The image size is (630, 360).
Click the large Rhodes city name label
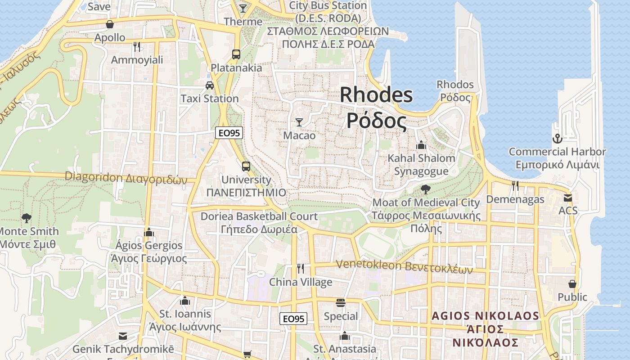click(x=376, y=108)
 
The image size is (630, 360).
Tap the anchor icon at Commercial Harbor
click(x=558, y=138)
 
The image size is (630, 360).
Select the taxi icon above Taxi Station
click(x=210, y=85)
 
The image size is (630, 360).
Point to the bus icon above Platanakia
click(x=236, y=54)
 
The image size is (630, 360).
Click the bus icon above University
click(x=246, y=166)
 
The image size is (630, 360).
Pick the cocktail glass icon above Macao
click(x=299, y=122)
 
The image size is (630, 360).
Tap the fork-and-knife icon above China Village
click(x=301, y=269)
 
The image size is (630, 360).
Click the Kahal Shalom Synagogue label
click(x=422, y=165)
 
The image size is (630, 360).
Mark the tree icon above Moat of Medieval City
click(x=426, y=189)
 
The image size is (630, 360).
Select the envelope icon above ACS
click(x=568, y=198)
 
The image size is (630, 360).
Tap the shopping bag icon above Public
click(x=572, y=284)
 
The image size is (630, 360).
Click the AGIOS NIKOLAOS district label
click(x=486, y=329)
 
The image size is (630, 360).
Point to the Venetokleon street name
click(x=405, y=267)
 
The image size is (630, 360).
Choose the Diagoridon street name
click(x=126, y=178)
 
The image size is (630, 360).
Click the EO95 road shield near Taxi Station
click(x=229, y=133)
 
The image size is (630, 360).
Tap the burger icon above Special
click(x=341, y=302)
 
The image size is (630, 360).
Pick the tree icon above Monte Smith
click(x=27, y=218)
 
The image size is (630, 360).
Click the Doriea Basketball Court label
click(x=259, y=222)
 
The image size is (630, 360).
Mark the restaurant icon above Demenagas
click(x=515, y=185)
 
